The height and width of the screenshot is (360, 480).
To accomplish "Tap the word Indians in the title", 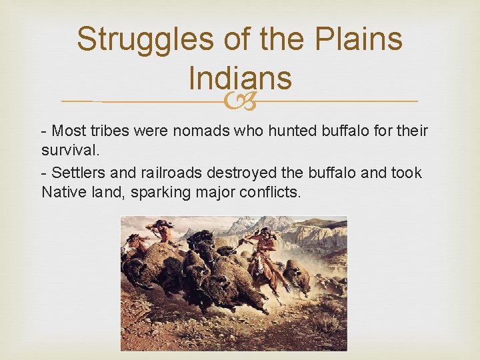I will click(x=240, y=78).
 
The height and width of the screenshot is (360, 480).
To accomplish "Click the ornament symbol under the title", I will click(x=239, y=101).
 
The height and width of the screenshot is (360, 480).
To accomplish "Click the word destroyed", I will click(x=245, y=173).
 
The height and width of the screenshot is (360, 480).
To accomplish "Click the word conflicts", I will click(x=268, y=193).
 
